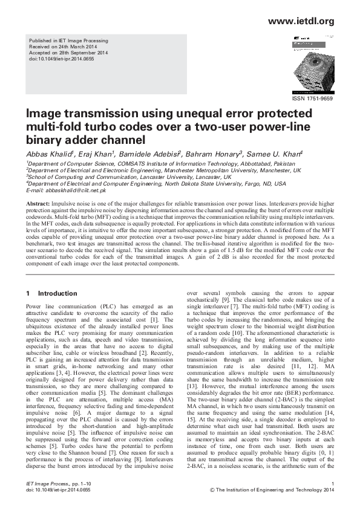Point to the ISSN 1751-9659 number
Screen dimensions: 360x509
click(x=312, y=98)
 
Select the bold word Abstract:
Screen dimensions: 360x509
click(x=39, y=201)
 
